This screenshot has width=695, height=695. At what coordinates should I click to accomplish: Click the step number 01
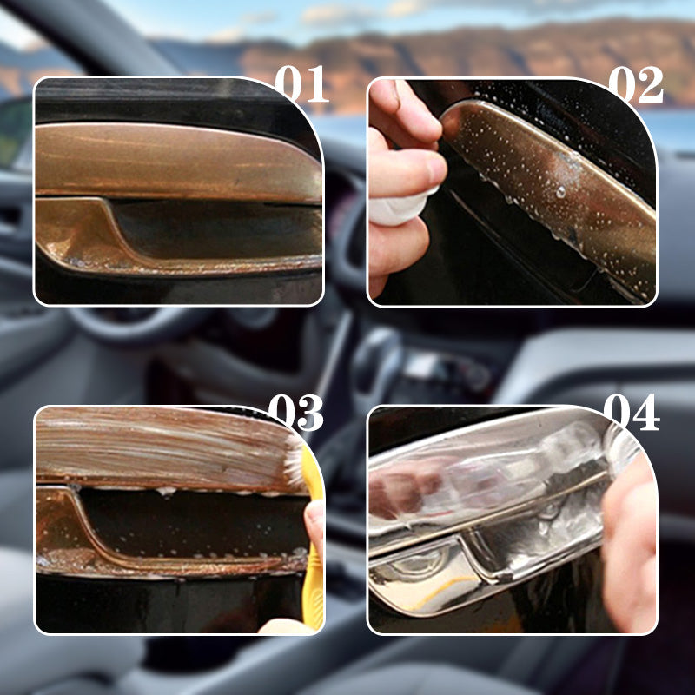pos(301,83)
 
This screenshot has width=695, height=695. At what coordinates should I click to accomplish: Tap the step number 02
pos(636,84)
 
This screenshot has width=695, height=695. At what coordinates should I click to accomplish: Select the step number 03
pos(296,412)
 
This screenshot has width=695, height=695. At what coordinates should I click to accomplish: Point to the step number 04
pos(632,412)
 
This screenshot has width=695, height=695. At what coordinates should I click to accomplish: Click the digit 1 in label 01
pos(316,83)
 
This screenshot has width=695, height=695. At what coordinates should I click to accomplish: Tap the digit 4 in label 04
pos(646,412)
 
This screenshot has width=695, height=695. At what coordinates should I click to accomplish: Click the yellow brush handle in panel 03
pos(313,546)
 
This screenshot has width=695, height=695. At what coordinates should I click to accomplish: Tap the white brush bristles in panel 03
pos(295,461)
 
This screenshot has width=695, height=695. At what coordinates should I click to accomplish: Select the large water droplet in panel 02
pos(560,192)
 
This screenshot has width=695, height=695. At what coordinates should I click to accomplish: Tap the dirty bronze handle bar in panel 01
pos(177,162)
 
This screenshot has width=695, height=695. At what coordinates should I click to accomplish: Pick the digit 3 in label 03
pos(311,412)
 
